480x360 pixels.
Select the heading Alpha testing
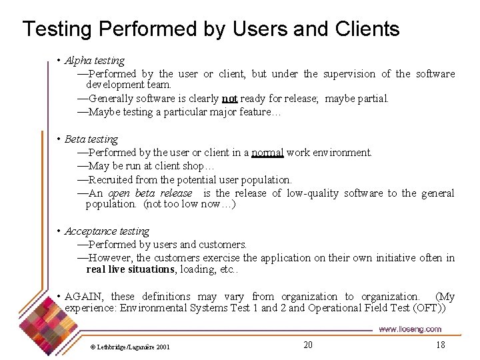tap(95, 61)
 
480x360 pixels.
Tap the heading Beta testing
tap(91, 139)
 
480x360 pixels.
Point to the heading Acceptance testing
tap(107, 231)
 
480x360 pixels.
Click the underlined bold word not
tap(230, 99)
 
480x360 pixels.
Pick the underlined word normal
tap(267, 153)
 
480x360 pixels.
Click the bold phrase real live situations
tap(131, 269)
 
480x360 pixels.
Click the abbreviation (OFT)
tap(434, 308)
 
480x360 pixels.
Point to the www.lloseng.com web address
tap(410, 329)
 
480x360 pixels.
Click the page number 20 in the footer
tap(307, 345)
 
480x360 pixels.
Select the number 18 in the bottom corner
tap(440, 345)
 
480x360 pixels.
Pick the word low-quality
tap(313, 193)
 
